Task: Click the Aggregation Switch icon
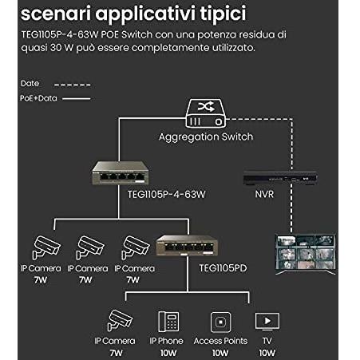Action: (x=206, y=113)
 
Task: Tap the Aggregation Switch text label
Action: (x=206, y=136)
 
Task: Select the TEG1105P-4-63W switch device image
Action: (x=120, y=173)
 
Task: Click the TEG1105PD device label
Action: (x=223, y=268)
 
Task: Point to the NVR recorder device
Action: (x=280, y=178)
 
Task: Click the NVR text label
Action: (x=264, y=194)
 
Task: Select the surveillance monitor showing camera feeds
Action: (x=305, y=255)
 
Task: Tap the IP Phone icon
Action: (x=168, y=322)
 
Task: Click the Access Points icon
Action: (x=220, y=322)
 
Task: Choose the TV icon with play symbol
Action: (x=267, y=322)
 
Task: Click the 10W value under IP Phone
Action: (x=168, y=353)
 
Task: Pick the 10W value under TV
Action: (x=267, y=353)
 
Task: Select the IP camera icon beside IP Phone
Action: (x=120, y=320)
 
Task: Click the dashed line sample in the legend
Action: (x=73, y=85)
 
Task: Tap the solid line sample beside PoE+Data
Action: (x=77, y=99)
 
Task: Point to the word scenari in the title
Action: (x=56, y=14)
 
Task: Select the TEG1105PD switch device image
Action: (x=187, y=245)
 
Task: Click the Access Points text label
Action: (x=220, y=341)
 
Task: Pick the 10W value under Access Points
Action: (x=220, y=353)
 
